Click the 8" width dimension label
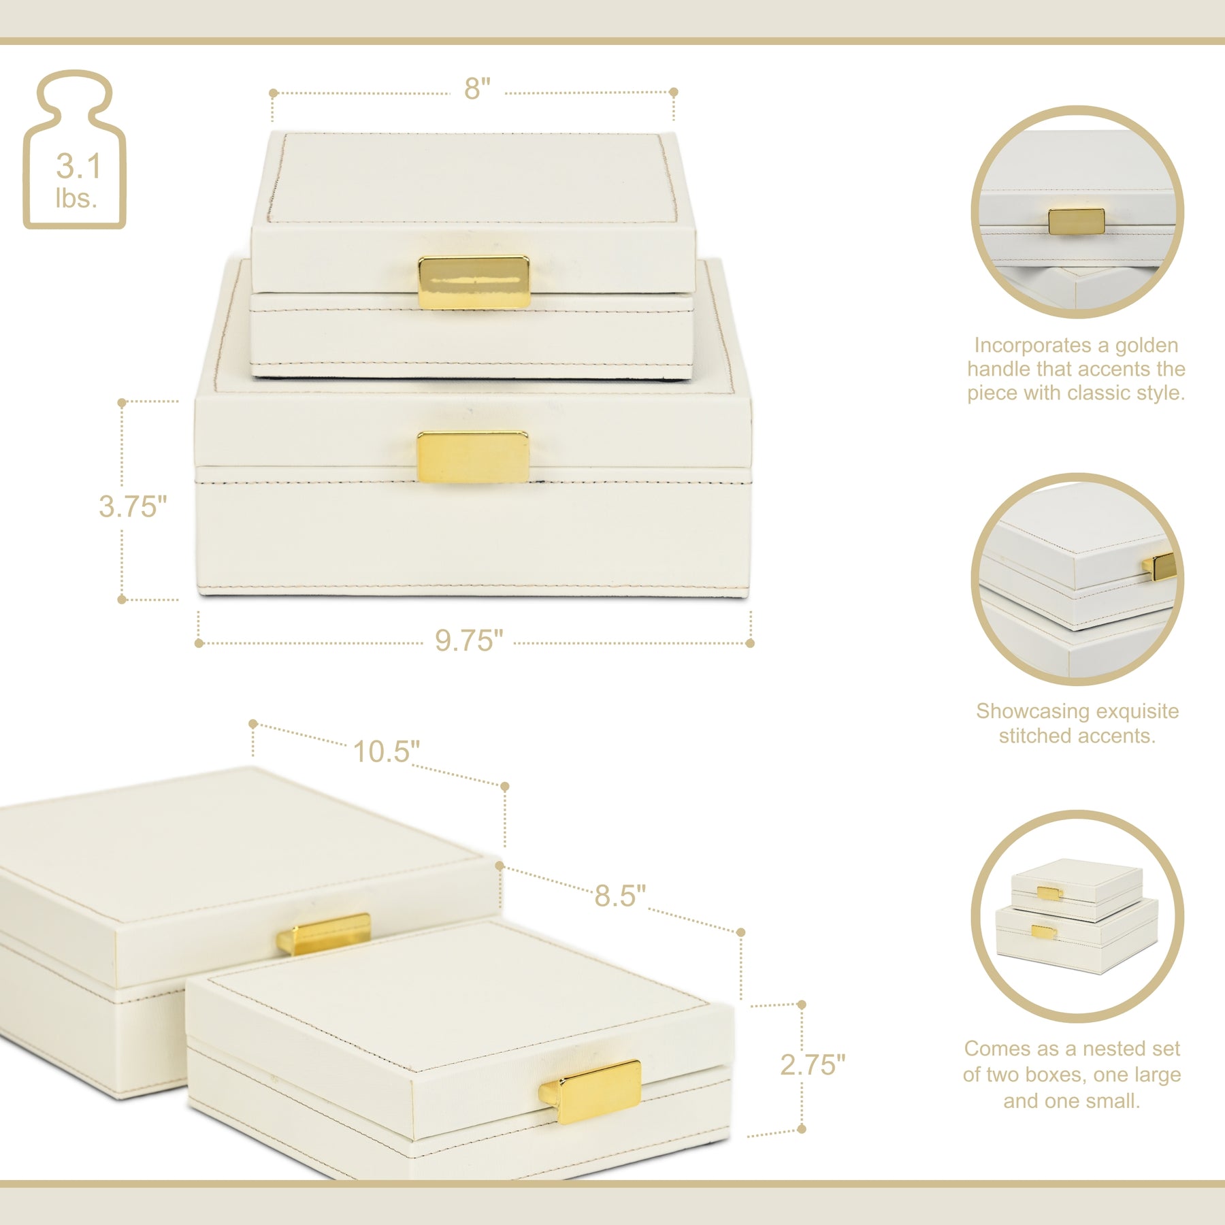[477, 88]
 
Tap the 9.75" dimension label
[469, 640]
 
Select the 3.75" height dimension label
[133, 506]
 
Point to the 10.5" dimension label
[386, 752]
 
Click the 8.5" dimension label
[619, 896]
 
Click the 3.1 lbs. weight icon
[75, 150]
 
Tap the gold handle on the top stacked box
[474, 282]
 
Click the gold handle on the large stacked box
[473, 457]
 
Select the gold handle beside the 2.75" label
[590, 1091]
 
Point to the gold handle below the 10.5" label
[324, 933]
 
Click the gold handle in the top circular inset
[1076, 222]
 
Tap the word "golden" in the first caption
[1145, 346]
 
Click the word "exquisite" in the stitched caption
[1138, 711]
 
